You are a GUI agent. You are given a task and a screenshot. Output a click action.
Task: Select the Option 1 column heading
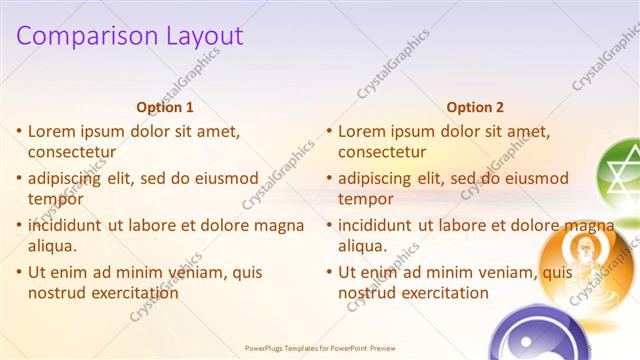[165, 108]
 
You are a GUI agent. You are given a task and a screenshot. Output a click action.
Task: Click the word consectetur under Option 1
[72, 152]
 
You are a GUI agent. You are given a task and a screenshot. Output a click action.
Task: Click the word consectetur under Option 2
[382, 152]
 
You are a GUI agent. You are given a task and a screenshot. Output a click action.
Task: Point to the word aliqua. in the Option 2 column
[361, 246]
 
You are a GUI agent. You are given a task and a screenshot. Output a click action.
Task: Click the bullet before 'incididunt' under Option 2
[329, 226]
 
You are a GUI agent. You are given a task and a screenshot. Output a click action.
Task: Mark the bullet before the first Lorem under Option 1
[19, 132]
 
